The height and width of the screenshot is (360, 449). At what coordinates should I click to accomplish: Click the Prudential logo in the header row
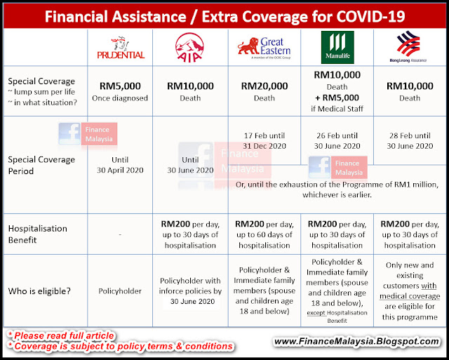[x=121, y=48]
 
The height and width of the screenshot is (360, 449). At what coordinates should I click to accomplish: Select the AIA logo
[x=189, y=48]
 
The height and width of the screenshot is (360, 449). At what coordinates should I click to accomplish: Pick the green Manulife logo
[x=337, y=47]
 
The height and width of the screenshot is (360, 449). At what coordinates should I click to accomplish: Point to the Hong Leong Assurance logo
[x=408, y=47]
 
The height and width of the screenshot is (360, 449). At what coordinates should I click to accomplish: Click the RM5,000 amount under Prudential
[x=120, y=86]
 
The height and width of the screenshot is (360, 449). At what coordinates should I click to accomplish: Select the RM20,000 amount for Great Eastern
[x=264, y=86]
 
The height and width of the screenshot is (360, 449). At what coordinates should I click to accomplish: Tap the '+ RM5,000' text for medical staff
[x=337, y=98]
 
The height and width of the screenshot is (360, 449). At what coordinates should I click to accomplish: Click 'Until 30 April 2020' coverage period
[x=120, y=165]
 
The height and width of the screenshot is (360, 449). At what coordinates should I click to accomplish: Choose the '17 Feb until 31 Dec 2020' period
[x=264, y=141]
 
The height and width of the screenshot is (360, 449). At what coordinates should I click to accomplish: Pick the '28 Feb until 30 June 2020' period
[x=410, y=141]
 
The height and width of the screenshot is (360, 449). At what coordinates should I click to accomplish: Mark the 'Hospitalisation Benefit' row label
[x=37, y=234]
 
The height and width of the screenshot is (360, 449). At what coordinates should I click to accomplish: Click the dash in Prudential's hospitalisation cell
[x=120, y=234]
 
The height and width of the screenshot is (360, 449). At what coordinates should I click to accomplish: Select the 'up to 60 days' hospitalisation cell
[x=264, y=234]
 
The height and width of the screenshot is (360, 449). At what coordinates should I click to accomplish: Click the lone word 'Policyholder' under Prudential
[x=120, y=291]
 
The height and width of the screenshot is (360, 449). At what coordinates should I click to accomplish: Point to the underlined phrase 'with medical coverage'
[x=410, y=291]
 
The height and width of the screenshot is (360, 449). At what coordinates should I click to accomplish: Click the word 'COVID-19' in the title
[x=370, y=17]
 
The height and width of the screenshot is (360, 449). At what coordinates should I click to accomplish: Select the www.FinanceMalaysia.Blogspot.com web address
[x=356, y=341]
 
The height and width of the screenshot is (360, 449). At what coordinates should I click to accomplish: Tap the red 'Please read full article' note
[x=61, y=335]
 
